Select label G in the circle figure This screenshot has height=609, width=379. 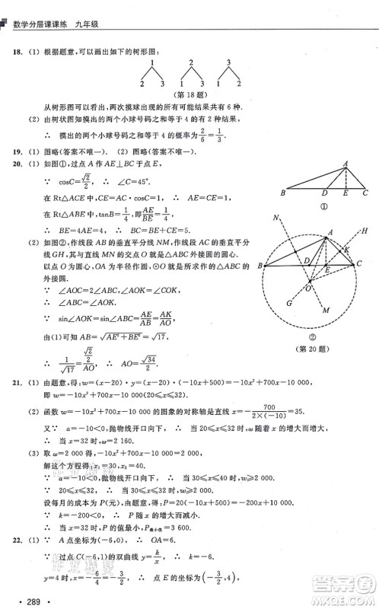[x=277, y=324]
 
